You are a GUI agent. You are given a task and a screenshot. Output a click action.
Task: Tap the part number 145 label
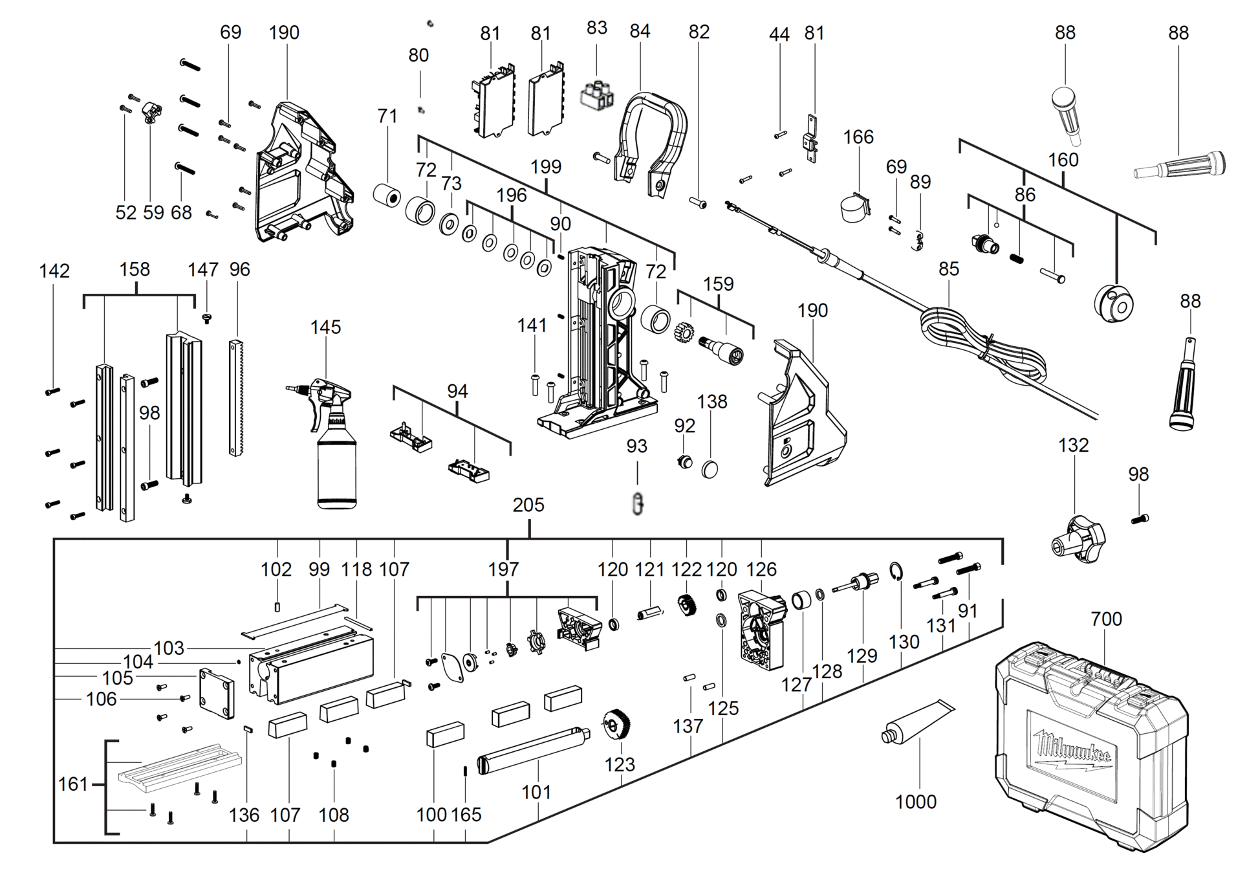tap(325, 327)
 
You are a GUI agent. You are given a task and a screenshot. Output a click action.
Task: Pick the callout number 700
tap(1106, 619)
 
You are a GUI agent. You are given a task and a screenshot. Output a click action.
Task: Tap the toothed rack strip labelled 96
tap(236, 397)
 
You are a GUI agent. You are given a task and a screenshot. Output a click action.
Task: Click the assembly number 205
tap(528, 505)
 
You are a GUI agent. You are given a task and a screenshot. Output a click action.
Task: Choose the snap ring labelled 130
tap(896, 571)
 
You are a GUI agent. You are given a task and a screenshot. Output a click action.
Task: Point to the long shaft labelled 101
tap(533, 750)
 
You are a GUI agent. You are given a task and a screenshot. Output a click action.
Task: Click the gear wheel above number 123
tap(617, 723)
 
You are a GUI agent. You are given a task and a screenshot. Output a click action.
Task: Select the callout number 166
tap(858, 137)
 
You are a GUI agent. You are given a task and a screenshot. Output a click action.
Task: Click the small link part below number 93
tap(638, 503)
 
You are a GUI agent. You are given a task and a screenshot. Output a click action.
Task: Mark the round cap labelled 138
tap(710, 469)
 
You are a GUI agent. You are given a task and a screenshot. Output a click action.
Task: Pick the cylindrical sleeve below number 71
tap(387, 195)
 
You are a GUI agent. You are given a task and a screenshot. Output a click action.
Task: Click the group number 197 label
tap(503, 569)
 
